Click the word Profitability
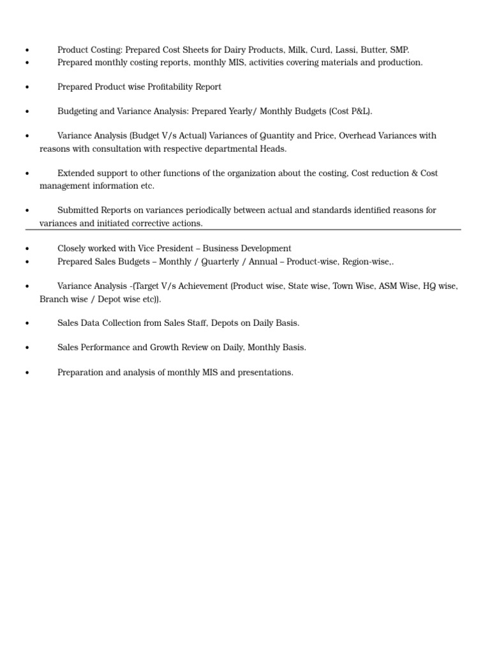click(175, 87)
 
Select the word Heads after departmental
click(273, 149)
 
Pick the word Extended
click(76, 173)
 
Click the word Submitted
click(78, 210)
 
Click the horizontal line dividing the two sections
click(242, 230)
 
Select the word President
click(175, 249)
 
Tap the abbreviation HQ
click(429, 286)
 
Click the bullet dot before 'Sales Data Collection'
click(27, 324)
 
